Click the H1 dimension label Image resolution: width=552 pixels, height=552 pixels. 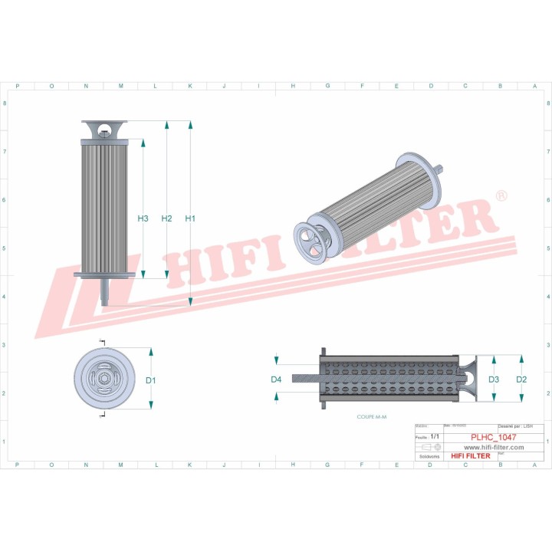pyautogui.click(x=190, y=219)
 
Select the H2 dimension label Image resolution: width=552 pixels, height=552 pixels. pyautogui.click(x=166, y=219)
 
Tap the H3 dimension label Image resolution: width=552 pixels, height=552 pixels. pyautogui.click(x=143, y=219)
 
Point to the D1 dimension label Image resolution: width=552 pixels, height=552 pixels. pyautogui.click(x=151, y=380)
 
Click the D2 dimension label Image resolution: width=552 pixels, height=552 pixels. pyautogui.click(x=521, y=379)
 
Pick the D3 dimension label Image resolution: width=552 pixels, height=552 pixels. pyautogui.click(x=494, y=379)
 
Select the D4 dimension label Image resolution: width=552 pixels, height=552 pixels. pyautogui.click(x=276, y=379)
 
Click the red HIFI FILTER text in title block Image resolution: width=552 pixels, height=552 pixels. pyautogui.click(x=470, y=456)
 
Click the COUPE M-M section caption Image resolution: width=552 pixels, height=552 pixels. pyautogui.click(x=373, y=416)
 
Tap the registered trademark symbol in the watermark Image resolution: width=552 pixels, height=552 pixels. pyautogui.click(x=501, y=196)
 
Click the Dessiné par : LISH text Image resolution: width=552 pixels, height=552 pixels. pyautogui.click(x=516, y=426)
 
